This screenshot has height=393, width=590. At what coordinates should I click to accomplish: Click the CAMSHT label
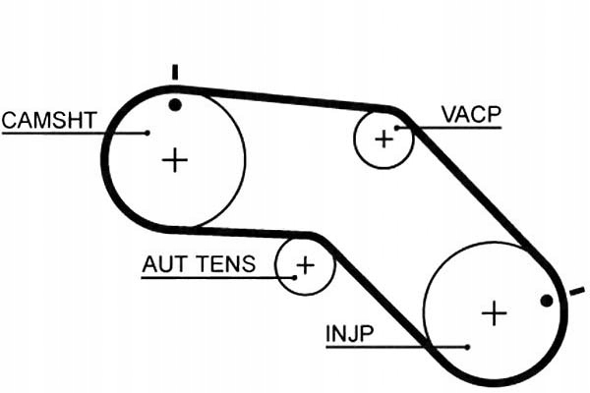[49, 120]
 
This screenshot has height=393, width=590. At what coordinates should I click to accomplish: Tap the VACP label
[471, 114]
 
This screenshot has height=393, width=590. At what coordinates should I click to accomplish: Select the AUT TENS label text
[199, 264]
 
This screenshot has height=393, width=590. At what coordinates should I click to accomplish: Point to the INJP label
[350, 333]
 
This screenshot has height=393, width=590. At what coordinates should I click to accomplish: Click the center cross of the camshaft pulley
[175, 160]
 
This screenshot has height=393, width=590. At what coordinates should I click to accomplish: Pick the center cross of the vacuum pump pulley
[384, 140]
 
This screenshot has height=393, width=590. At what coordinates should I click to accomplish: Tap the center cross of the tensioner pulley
[306, 265]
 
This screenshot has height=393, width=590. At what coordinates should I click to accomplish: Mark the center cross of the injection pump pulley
[494, 313]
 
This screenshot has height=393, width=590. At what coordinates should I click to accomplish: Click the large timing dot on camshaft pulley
[175, 105]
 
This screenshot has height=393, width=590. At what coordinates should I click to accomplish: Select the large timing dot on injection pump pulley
[547, 301]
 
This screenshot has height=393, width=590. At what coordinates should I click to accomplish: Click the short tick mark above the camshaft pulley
[175, 72]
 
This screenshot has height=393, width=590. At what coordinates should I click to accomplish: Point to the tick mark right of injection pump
[577, 292]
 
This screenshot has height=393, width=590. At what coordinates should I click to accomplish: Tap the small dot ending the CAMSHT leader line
[147, 133]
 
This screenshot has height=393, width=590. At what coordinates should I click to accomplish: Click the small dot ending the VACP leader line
[396, 129]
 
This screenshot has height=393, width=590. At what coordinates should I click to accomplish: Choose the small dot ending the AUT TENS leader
[295, 278]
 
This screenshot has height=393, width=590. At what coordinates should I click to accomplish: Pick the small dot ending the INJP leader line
[467, 347]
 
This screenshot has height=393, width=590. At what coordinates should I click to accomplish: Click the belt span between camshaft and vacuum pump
[286, 98]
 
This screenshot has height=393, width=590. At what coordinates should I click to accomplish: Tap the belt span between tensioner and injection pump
[380, 294]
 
